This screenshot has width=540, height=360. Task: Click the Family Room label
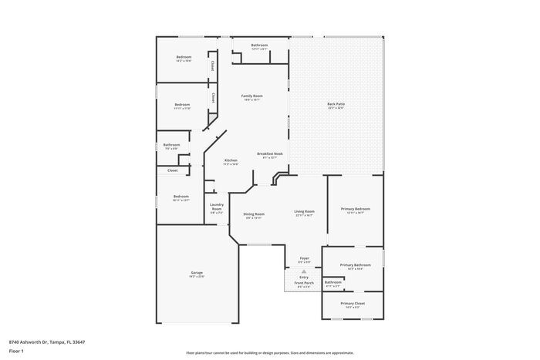click(x=252, y=96)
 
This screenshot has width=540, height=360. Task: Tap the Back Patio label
click(x=336, y=104)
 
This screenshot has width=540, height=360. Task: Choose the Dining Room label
click(x=255, y=214)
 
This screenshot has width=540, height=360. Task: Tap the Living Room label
click(x=304, y=211)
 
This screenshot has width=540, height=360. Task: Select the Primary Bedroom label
click(x=356, y=209)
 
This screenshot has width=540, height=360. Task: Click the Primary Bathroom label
click(x=356, y=264)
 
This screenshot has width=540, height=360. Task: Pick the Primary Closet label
click(x=353, y=304)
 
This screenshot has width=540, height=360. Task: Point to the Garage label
click(x=197, y=273)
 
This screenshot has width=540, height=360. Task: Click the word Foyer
click(x=304, y=259)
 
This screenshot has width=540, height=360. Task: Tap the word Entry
click(x=304, y=277)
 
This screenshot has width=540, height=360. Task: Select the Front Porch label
click(x=304, y=283)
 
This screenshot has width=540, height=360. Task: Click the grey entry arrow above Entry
click(x=304, y=271)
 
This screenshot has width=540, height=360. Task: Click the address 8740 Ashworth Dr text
click(x=46, y=341)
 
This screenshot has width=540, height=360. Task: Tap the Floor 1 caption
click(x=16, y=351)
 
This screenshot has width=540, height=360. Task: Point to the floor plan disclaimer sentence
click(x=269, y=351)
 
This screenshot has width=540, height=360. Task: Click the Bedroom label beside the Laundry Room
click(x=181, y=196)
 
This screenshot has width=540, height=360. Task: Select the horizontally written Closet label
click(x=172, y=170)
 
